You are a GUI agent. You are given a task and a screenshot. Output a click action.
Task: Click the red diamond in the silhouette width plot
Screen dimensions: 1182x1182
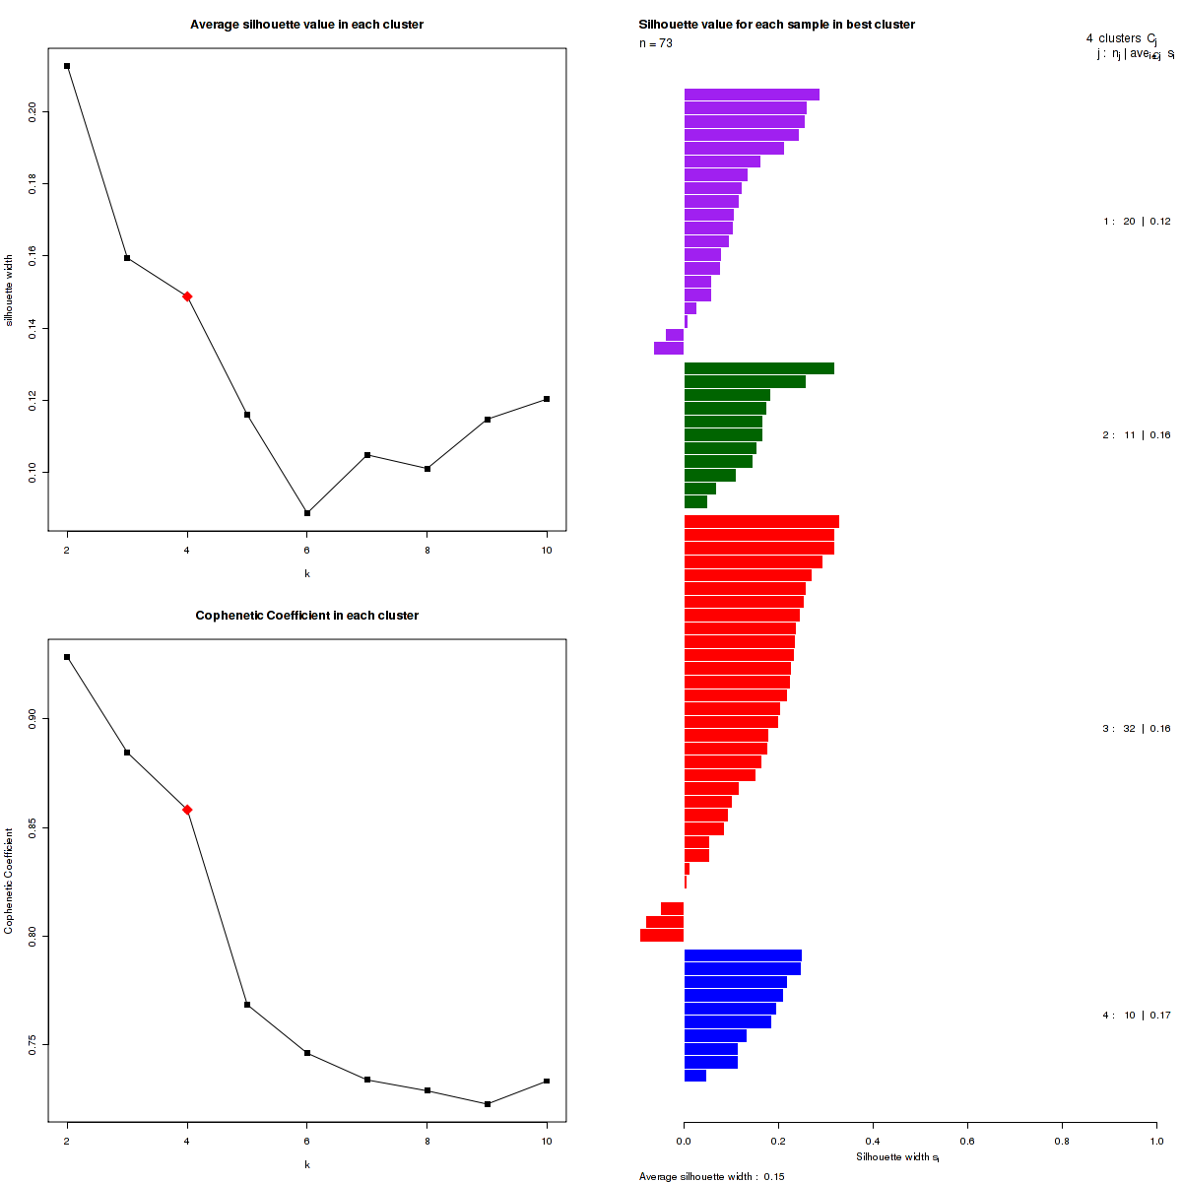pyautogui.click(x=187, y=295)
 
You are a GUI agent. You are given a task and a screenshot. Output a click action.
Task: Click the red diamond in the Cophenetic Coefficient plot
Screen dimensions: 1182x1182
pyautogui.click(x=187, y=810)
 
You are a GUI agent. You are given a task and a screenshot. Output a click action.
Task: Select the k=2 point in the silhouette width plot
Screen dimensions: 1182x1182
pyautogui.click(x=67, y=66)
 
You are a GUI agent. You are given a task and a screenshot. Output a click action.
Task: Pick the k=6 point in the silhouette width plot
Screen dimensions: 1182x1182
pyautogui.click(x=307, y=513)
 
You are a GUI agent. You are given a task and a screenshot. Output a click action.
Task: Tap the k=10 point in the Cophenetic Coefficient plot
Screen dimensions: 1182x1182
pyautogui.click(x=547, y=1082)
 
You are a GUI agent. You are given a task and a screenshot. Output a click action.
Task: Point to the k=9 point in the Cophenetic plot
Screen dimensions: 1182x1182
pyautogui.click(x=488, y=1104)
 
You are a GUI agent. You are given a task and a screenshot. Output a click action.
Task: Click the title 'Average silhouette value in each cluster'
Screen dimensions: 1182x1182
pyautogui.click(x=307, y=25)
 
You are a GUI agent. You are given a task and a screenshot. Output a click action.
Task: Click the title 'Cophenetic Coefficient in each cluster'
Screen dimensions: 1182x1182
pyautogui.click(x=307, y=616)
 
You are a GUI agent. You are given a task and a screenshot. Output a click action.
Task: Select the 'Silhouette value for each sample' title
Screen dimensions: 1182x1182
pyautogui.click(x=776, y=25)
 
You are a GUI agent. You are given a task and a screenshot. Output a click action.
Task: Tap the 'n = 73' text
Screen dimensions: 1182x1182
pyautogui.click(x=656, y=43)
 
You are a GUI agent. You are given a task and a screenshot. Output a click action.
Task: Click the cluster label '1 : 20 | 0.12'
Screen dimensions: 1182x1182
pyautogui.click(x=1137, y=222)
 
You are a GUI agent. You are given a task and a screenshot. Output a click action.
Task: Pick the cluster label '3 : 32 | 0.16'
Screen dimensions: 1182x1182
pyautogui.click(x=1137, y=729)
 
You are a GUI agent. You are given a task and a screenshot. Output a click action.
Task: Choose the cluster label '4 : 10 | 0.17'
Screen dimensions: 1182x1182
pyautogui.click(x=1137, y=1016)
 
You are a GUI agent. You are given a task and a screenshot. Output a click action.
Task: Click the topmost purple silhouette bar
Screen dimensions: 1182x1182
pyautogui.click(x=752, y=95)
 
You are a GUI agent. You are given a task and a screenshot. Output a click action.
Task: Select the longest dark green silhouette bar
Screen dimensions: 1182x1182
pyautogui.click(x=758, y=368)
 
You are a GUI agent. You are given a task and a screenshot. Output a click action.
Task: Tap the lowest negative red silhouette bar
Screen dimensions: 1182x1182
pyautogui.click(x=662, y=936)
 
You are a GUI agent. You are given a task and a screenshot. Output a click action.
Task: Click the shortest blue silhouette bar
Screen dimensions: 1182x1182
pyautogui.click(x=695, y=1076)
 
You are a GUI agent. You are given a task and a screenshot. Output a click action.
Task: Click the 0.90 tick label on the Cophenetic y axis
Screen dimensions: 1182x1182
pyautogui.click(x=33, y=717)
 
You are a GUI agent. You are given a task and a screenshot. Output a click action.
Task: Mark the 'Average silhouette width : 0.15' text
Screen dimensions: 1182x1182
pyautogui.click(x=711, y=1176)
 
